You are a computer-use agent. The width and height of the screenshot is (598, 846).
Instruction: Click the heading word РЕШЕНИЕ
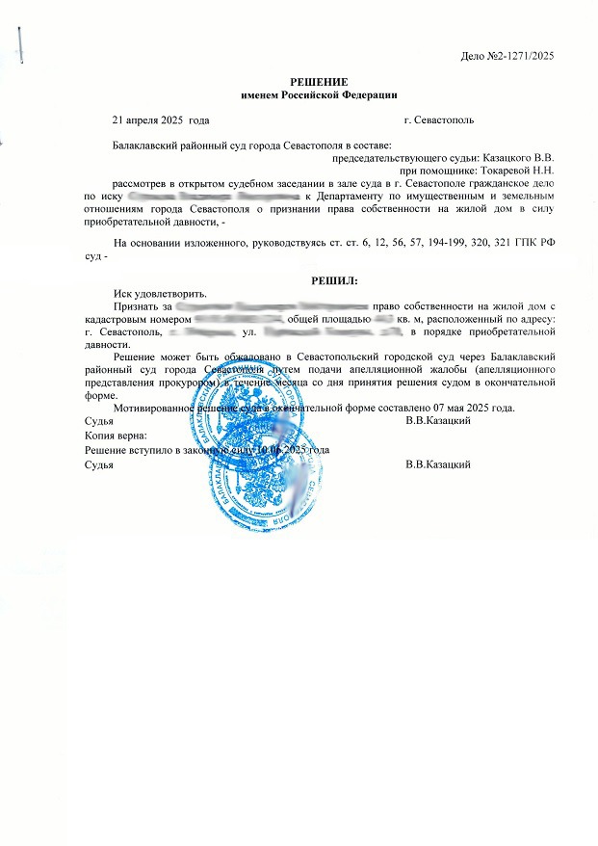tap(319, 82)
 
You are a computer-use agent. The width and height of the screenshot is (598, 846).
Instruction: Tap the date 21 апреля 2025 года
tap(161, 120)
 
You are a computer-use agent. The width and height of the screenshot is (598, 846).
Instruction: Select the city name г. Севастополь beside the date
tap(439, 120)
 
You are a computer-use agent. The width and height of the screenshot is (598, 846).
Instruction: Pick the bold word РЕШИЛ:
tap(332, 280)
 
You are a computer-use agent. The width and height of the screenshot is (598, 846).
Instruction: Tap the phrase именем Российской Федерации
tap(319, 94)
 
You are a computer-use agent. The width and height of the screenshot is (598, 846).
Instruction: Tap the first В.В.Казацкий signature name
tap(438, 421)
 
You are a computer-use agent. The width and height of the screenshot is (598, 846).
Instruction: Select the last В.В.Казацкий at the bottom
tap(438, 465)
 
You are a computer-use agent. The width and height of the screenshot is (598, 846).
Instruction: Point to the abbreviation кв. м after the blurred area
tap(417, 319)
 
